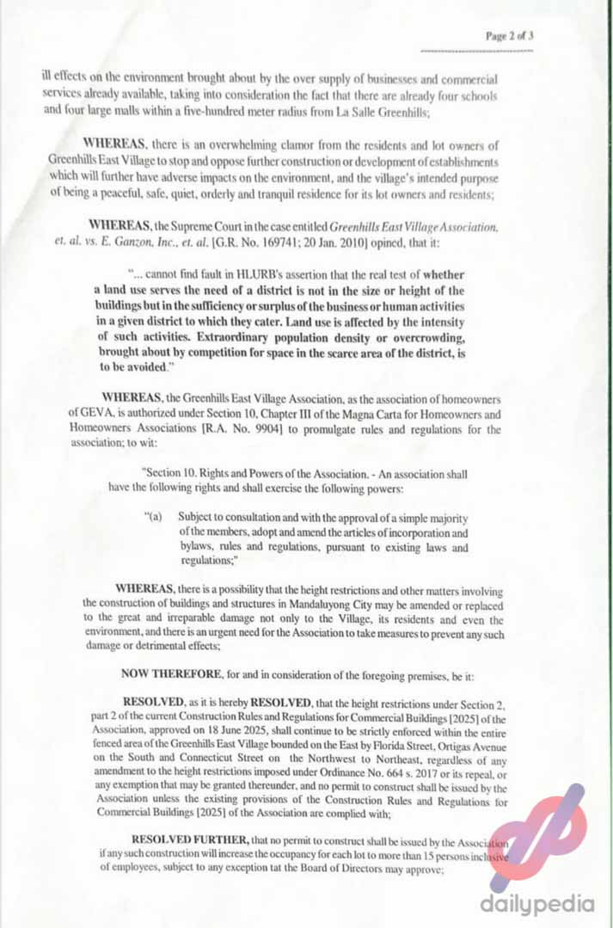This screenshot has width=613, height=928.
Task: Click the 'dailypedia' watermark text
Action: [x=537, y=905]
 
